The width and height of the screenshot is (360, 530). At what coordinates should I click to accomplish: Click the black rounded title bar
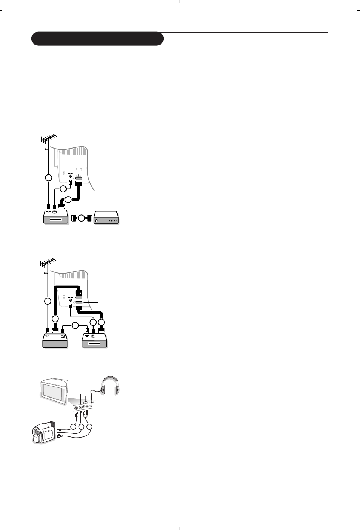pos(97,39)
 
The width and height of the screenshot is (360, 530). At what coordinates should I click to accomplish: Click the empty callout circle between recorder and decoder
pos(82,218)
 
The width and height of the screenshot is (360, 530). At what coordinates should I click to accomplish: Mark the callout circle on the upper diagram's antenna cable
pos(48,177)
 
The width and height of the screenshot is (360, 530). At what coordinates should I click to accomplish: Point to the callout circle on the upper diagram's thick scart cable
pos(68,199)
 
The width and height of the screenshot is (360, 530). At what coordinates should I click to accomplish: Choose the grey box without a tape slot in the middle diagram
pos(55,340)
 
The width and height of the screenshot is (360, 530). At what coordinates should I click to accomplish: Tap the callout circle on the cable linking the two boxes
pos(75,325)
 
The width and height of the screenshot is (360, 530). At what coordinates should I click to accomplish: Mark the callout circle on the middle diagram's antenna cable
pos(48,301)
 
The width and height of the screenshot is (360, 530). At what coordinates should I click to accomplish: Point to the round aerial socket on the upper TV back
pos(70,176)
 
